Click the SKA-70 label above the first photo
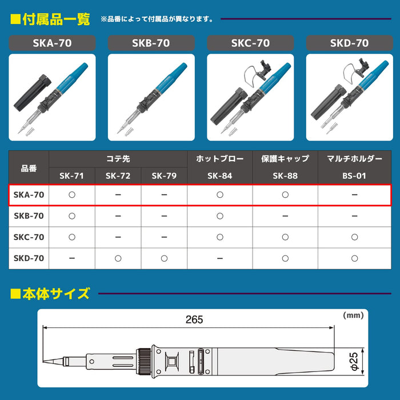(53, 43)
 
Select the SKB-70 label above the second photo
(151, 43)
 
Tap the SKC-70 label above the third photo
(250, 43)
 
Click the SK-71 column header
(72, 175)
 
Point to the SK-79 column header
(164, 175)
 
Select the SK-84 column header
(220, 175)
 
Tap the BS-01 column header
(355, 175)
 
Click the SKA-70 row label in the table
(29, 195)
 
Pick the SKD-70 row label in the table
(29, 258)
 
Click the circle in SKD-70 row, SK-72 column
(118, 258)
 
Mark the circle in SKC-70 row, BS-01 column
(355, 237)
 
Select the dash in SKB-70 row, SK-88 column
(285, 216)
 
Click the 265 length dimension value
(194, 320)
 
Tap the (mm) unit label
(354, 315)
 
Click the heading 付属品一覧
(55, 19)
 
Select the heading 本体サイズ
(55, 294)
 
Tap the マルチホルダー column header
(355, 158)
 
